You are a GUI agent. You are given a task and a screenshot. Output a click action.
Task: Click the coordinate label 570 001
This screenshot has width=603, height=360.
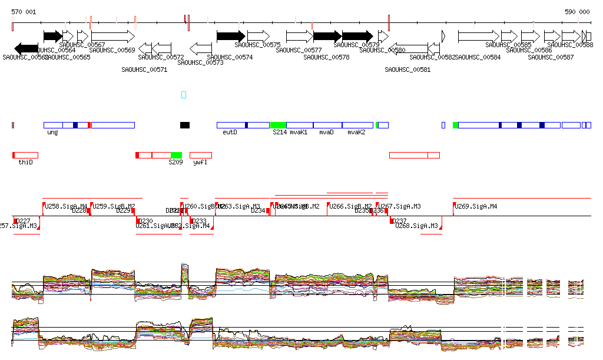click(24, 12)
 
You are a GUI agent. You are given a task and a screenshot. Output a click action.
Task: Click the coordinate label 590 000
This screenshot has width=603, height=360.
click(577, 12)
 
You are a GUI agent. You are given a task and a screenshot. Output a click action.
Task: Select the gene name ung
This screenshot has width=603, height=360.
click(52, 133)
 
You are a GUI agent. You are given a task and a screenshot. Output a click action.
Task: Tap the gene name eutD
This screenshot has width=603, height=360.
click(230, 133)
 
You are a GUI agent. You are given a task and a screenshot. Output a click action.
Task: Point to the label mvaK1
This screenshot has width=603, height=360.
click(299, 133)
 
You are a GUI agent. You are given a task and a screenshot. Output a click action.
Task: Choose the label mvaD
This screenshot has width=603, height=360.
click(326, 133)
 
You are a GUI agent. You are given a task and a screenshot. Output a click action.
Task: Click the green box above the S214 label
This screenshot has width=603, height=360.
click(278, 125)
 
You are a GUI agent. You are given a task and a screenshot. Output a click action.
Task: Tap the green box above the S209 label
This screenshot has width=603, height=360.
click(176, 155)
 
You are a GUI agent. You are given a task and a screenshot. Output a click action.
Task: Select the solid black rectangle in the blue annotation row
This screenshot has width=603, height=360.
click(185, 125)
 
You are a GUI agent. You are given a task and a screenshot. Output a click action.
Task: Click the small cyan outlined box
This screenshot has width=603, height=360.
click(184, 94)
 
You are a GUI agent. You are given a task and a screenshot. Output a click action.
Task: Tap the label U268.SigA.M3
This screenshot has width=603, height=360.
click(417, 226)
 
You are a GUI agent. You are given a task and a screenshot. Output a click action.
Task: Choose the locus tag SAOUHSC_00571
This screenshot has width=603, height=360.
click(144, 70)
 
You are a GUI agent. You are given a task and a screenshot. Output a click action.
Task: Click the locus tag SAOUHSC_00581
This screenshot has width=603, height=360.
click(407, 70)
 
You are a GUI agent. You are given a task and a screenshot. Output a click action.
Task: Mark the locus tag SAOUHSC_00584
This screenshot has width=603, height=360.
click(478, 57)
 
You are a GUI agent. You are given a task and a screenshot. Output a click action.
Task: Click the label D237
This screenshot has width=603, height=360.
click(400, 221)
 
